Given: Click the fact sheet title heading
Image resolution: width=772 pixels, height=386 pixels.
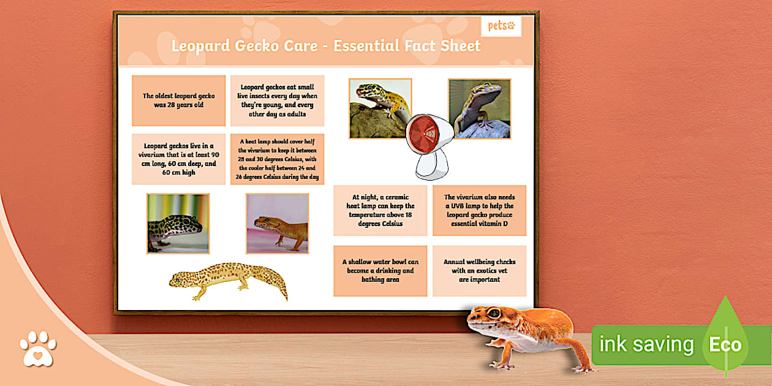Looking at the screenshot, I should [325, 46].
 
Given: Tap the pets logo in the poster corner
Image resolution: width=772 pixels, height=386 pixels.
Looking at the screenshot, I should [501, 26].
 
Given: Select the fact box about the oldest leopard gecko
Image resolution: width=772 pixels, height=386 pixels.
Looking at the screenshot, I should [178, 100].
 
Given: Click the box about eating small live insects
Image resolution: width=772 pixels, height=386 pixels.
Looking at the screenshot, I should [277, 100].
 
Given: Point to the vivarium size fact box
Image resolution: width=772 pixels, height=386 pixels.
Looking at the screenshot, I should [178, 159].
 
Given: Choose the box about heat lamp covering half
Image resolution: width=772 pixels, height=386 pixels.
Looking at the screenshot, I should [277, 159].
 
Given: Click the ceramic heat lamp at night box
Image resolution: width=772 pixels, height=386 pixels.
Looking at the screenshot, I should [380, 211].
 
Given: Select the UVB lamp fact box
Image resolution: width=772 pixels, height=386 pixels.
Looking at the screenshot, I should [479, 211].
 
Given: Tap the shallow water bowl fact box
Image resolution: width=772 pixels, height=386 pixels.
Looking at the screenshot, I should [380, 271].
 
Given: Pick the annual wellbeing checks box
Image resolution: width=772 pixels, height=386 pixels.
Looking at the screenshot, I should [479, 271].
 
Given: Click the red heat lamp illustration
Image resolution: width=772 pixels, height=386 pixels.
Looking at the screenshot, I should [430, 146].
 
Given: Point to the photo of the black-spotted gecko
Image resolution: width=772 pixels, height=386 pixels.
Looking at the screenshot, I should [178, 224].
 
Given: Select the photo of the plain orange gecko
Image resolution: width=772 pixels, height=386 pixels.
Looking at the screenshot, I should [277, 224].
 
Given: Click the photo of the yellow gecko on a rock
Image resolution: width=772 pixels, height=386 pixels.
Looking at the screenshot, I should [380, 108].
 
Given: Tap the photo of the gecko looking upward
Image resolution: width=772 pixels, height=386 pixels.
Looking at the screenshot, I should [479, 108].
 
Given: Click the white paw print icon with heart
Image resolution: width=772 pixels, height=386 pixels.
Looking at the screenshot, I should [37, 349].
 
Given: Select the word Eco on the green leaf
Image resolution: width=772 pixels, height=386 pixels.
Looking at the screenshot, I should [725, 344].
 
